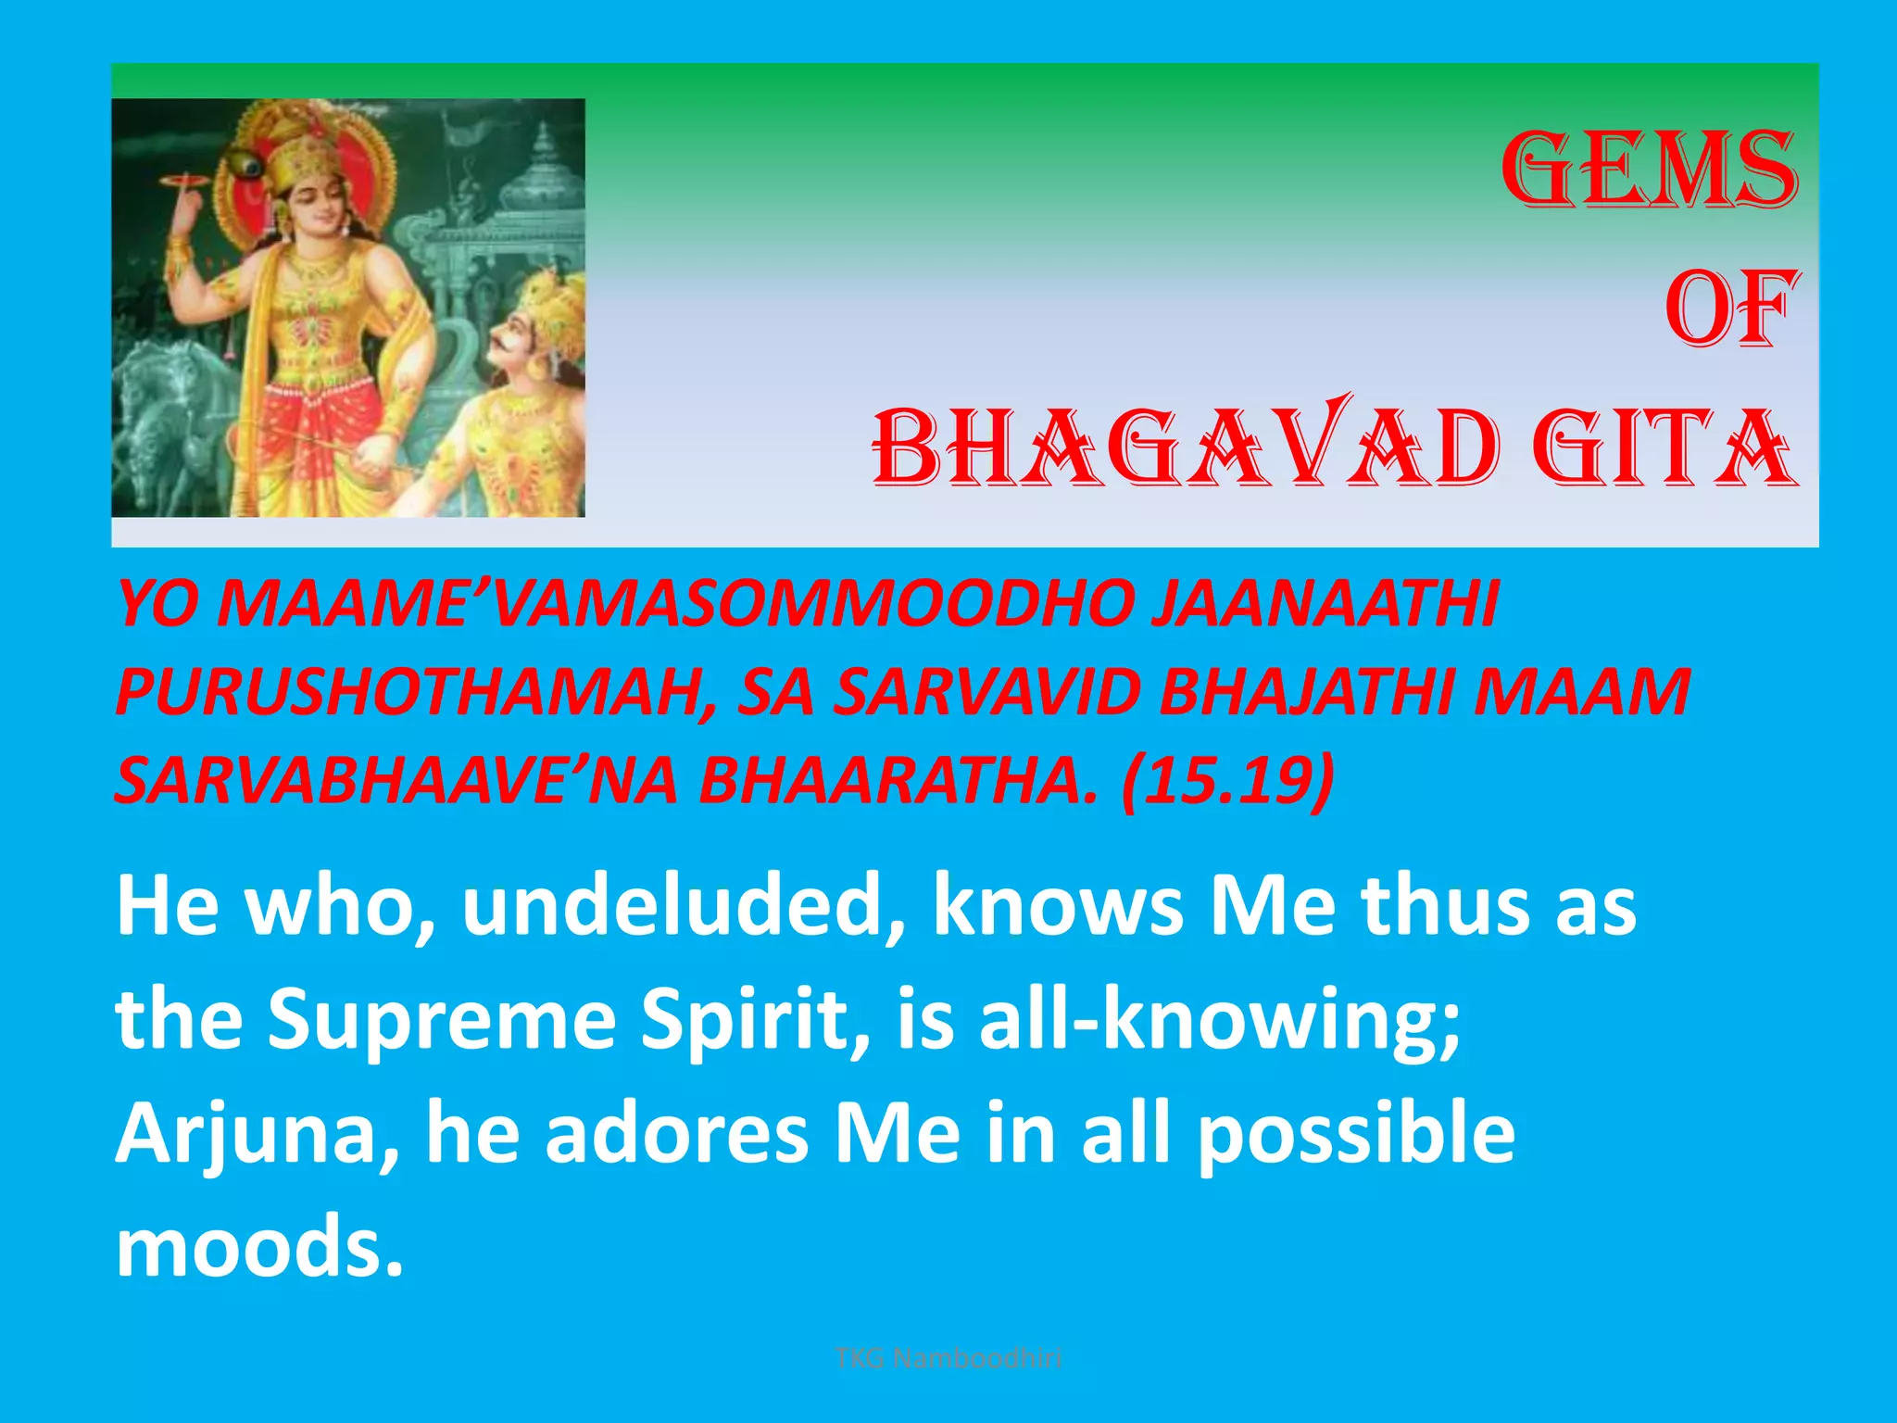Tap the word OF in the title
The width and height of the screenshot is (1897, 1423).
click(1730, 309)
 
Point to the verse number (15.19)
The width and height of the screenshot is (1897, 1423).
click(1227, 780)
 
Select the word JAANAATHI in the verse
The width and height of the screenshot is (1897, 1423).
click(1324, 604)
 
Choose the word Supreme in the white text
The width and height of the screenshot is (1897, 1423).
click(442, 1019)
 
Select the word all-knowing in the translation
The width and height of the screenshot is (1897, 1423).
click(1219, 1019)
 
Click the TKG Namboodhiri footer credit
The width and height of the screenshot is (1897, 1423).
click(948, 1358)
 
